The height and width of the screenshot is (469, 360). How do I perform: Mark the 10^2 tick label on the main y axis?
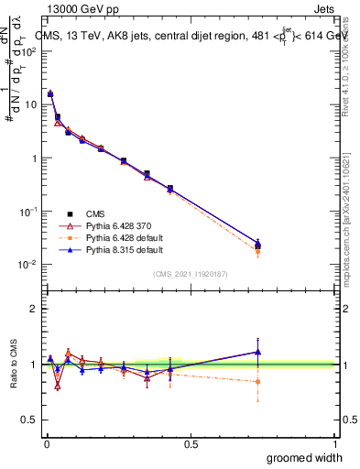(x=29, y=51)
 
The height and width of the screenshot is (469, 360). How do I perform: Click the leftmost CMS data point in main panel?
(x=50, y=93)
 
